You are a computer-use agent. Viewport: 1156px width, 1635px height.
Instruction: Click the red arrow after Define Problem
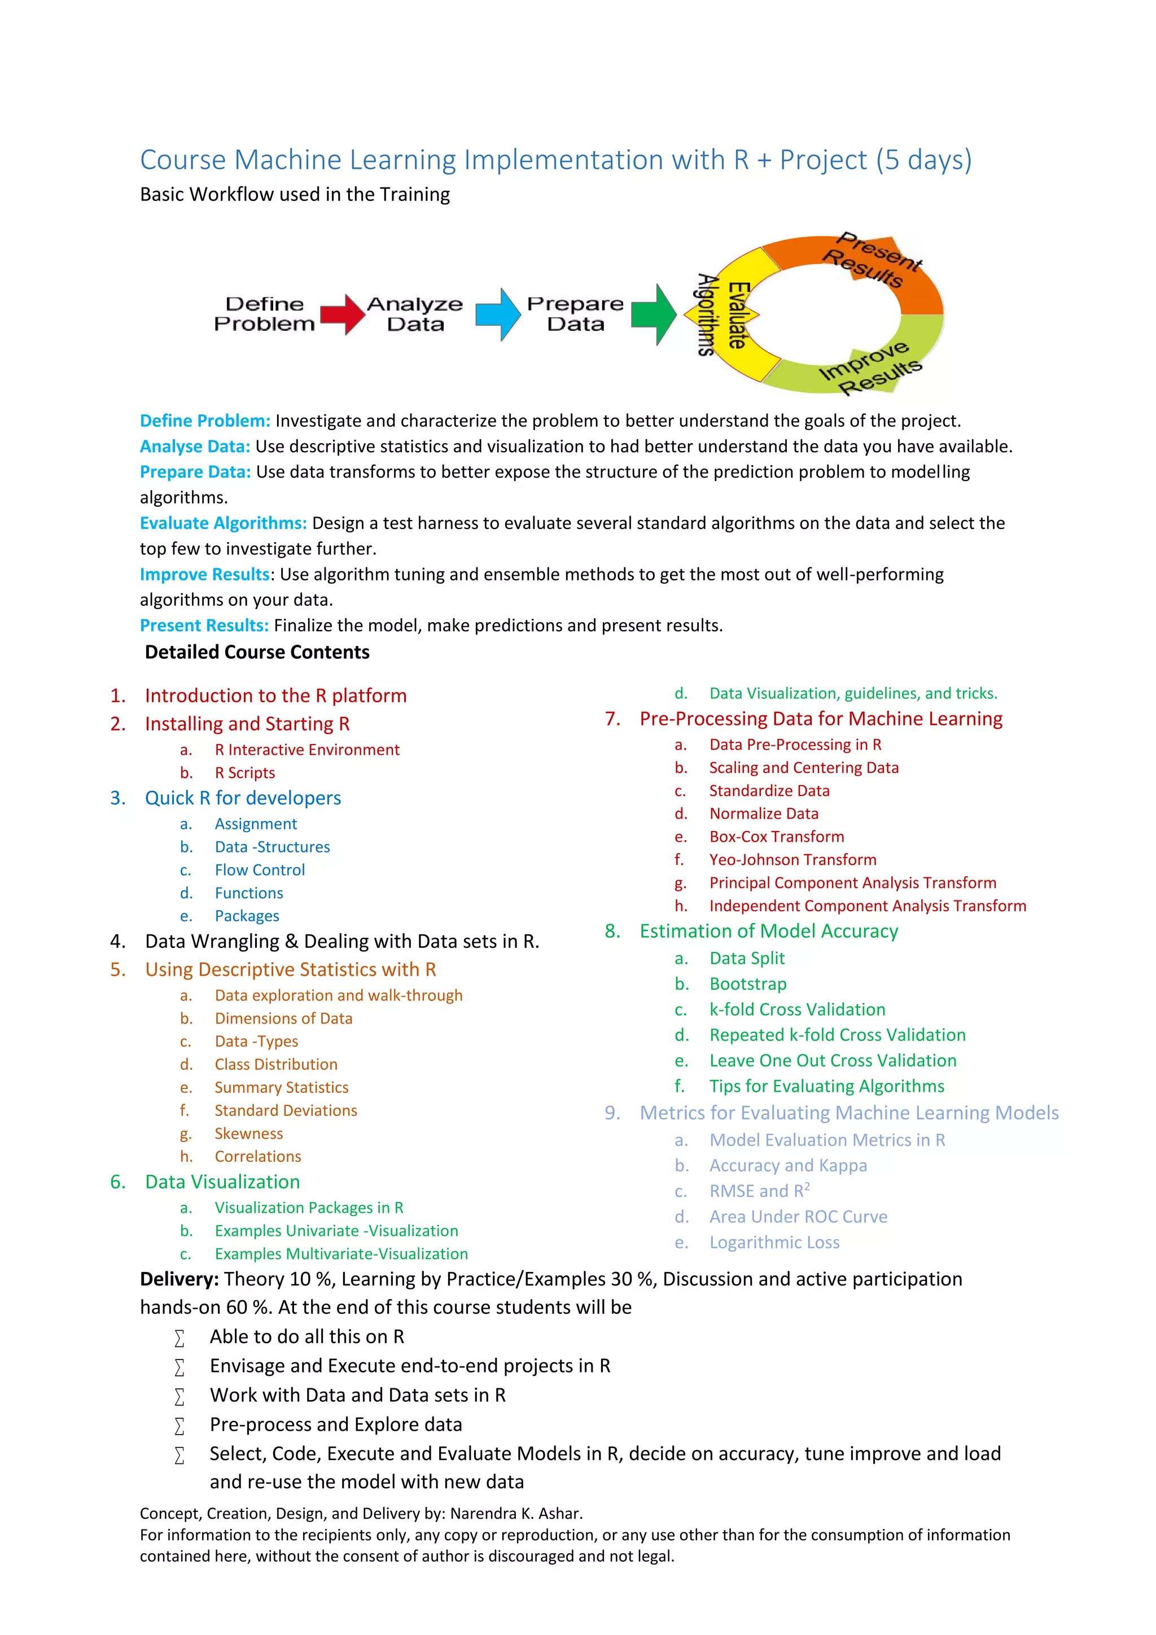(343, 314)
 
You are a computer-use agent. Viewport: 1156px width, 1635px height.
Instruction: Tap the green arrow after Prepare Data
(654, 314)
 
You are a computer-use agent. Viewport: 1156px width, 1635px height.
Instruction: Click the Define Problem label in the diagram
(264, 314)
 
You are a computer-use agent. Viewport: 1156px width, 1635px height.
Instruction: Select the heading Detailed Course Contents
(257, 652)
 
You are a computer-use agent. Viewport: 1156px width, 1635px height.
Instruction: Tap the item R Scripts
(245, 773)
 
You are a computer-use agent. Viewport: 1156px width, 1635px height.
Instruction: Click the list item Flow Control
(260, 870)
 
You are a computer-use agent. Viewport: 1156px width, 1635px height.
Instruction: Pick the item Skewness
(248, 1134)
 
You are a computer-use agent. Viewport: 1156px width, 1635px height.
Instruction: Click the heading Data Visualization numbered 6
(222, 1182)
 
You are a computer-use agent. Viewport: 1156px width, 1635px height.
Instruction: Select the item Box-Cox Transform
(777, 837)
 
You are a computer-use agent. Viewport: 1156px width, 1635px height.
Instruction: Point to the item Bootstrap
(748, 984)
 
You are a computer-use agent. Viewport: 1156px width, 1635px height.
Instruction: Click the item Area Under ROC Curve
(798, 1217)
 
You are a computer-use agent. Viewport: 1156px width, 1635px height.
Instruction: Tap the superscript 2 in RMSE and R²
(807, 1186)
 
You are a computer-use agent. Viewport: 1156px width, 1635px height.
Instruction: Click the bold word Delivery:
(179, 1279)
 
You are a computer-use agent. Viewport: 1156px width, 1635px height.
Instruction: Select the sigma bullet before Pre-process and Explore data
(179, 1426)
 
